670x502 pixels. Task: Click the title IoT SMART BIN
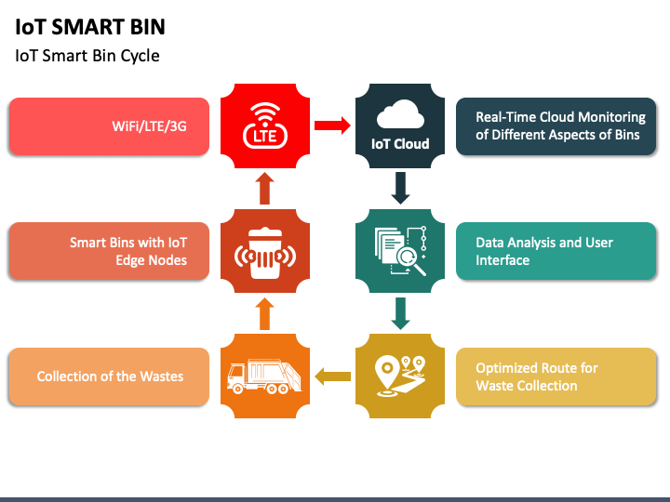pos(90,27)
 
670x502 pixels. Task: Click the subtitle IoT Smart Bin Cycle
pos(87,56)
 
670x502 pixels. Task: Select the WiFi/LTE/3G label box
pos(109,126)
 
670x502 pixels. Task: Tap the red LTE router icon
pos(265,125)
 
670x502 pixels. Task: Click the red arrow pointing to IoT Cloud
pos(332,125)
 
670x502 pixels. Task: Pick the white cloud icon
pos(400,114)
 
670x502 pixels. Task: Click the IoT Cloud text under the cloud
pos(400,144)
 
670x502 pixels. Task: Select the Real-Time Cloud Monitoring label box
pos(556,126)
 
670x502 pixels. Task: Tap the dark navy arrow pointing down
pos(400,188)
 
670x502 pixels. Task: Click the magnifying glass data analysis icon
pos(400,251)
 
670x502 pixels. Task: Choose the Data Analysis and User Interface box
pos(556,251)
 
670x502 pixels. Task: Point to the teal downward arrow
pos(400,314)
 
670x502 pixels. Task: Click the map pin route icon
pos(400,376)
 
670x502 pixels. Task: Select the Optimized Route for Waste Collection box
pos(556,376)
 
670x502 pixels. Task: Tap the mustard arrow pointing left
pos(332,376)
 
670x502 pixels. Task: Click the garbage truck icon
pos(264,376)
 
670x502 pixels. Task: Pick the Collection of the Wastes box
pos(109,376)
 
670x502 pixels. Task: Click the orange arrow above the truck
pos(265,314)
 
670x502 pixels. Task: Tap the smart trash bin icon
pos(265,253)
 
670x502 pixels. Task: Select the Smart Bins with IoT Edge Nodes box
pos(109,251)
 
